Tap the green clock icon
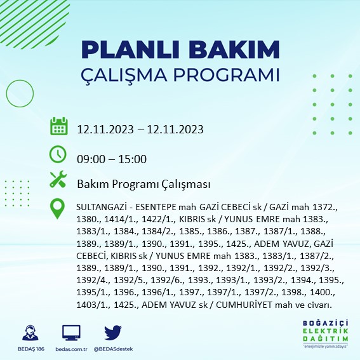[x=58, y=154]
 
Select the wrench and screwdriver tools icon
[x=58, y=180]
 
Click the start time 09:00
[x=91, y=159]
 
